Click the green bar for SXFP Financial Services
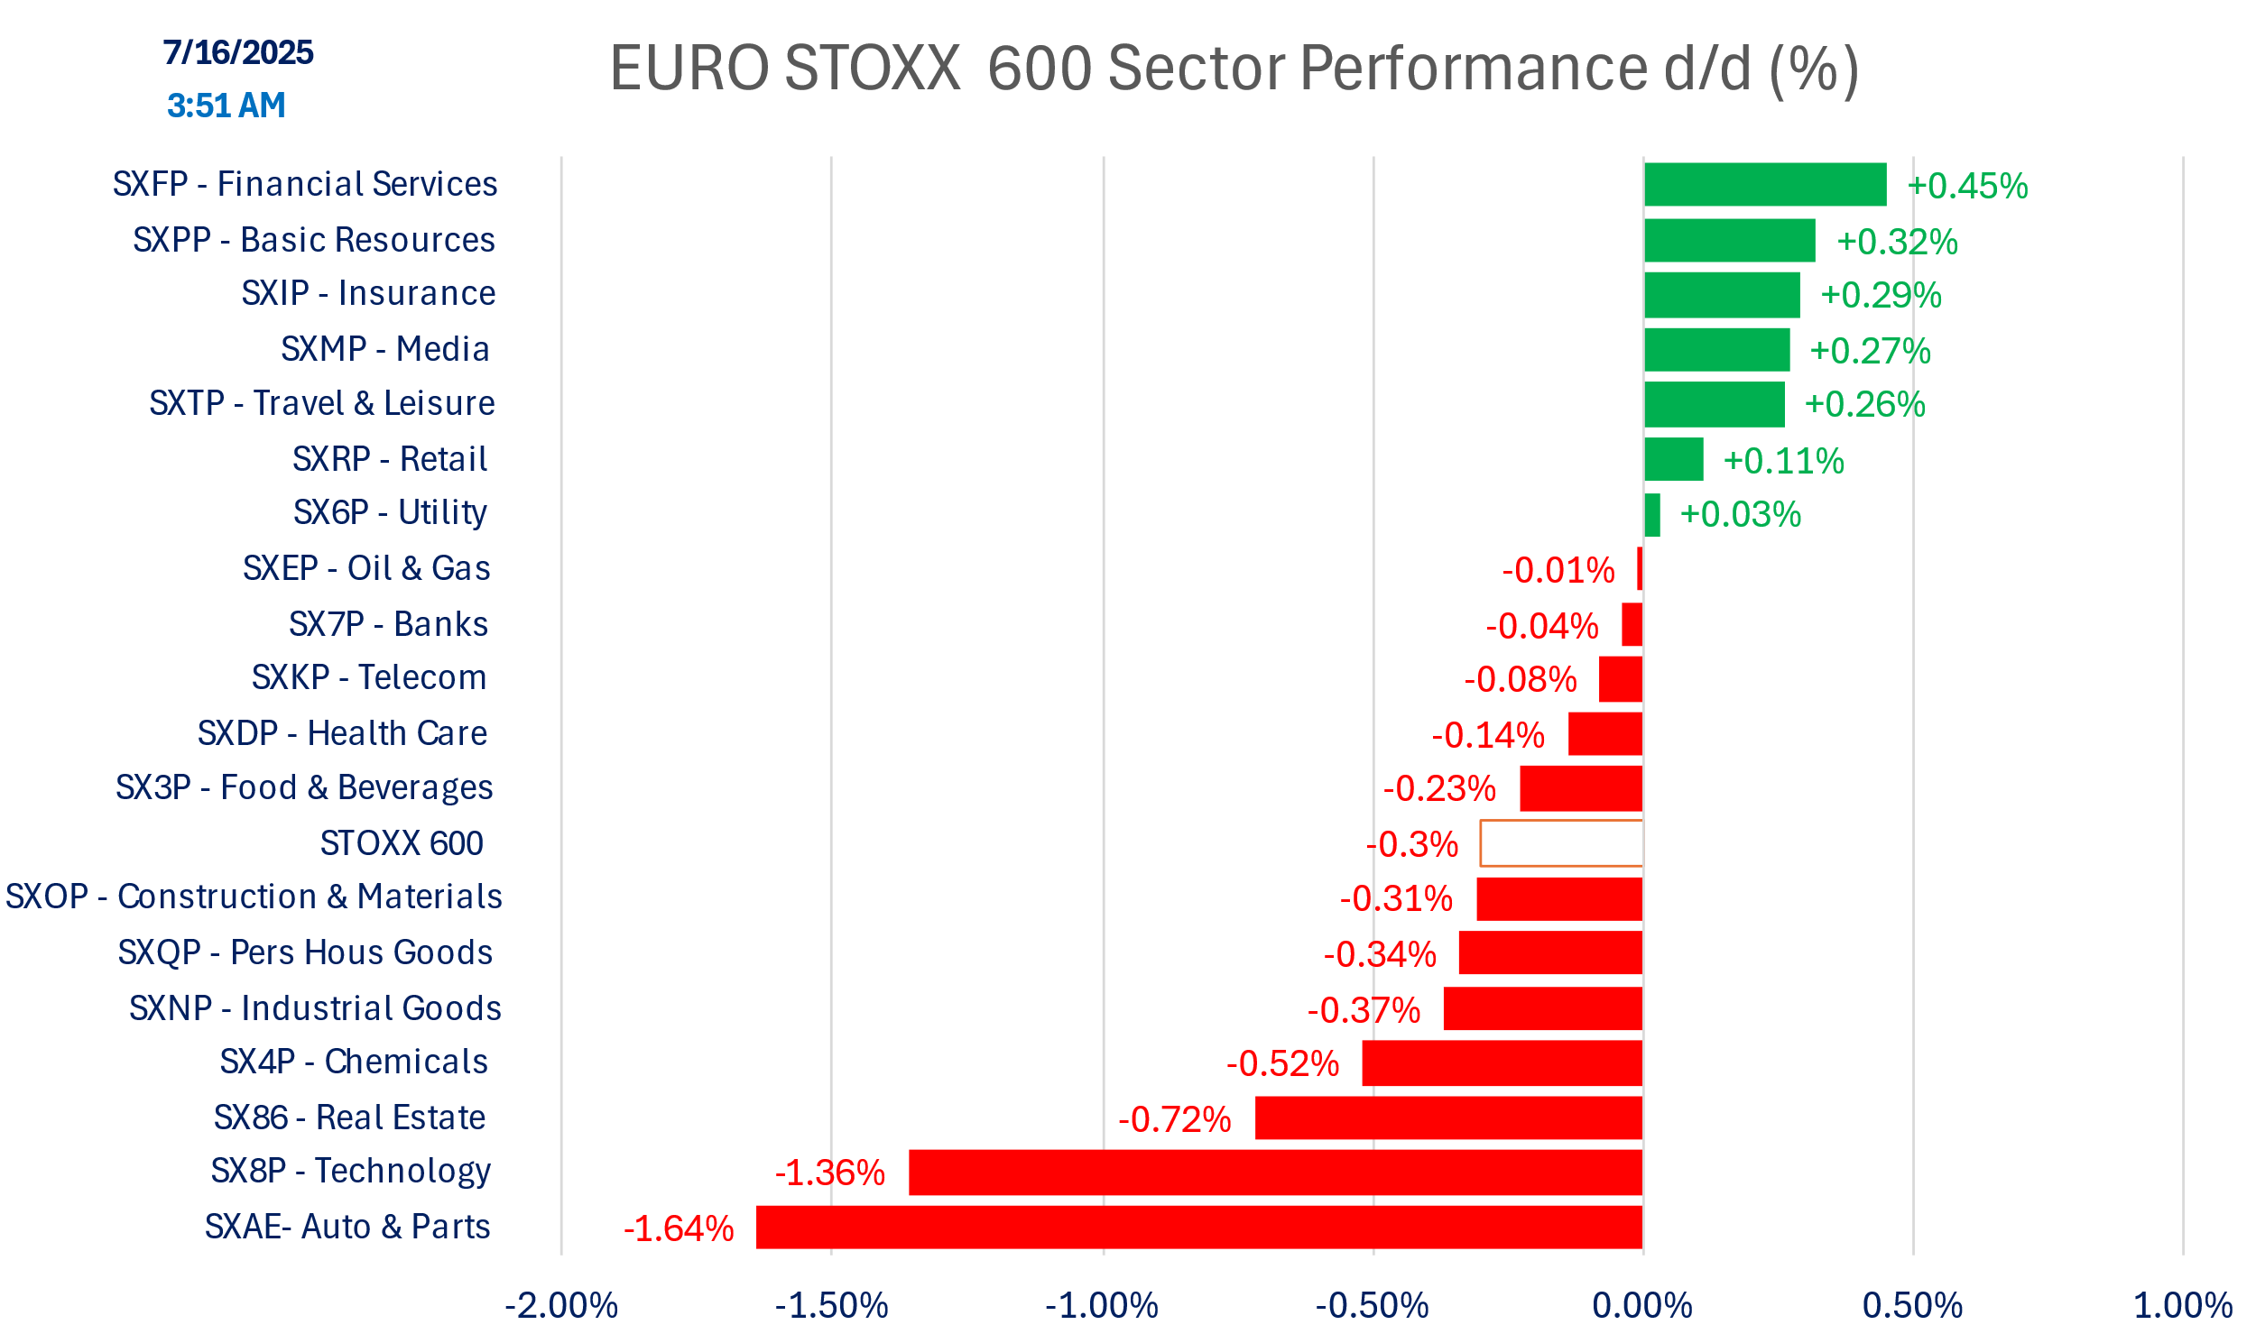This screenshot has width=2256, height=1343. click(1764, 185)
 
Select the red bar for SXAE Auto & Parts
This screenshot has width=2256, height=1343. click(1198, 1228)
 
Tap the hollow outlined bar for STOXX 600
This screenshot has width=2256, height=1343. click(1561, 843)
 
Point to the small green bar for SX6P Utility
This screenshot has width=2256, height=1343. click(1652, 515)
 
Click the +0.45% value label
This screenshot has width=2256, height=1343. click(1967, 187)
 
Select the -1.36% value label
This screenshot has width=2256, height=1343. click(829, 1173)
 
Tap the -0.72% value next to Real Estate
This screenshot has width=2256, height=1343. click(1174, 1120)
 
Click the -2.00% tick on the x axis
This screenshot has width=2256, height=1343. click(561, 1306)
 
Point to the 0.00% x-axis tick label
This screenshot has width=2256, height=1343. click(1642, 1306)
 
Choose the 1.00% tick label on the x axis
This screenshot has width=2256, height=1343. click(2183, 1306)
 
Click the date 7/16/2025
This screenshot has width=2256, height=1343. click(238, 52)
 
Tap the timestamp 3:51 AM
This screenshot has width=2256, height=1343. click(227, 106)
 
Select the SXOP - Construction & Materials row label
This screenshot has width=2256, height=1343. click(254, 897)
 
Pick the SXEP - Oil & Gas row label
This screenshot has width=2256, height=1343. click(365, 568)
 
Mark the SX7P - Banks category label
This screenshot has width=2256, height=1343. click(387, 624)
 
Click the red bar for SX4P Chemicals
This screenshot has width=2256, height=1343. click(1502, 1062)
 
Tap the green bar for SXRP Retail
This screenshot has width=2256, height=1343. click(1673, 460)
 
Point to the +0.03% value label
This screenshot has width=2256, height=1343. click(1740, 515)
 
